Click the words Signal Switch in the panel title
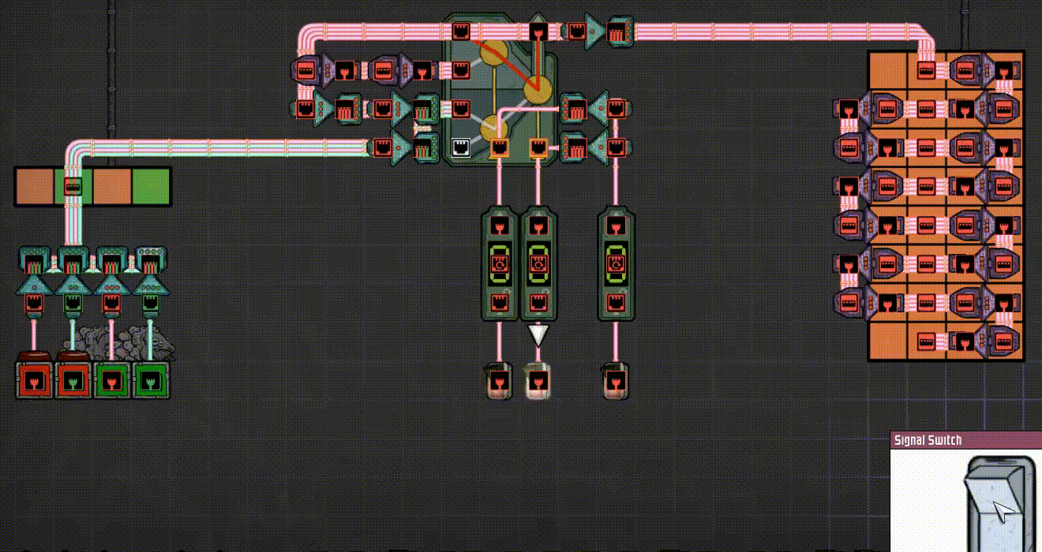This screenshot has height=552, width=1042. tap(928, 440)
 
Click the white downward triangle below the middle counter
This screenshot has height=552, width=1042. tap(538, 335)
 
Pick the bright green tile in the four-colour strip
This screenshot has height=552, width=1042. tap(151, 187)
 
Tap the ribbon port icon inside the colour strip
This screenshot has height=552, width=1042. tap(72, 187)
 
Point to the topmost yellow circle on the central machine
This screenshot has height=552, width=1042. tap(494, 53)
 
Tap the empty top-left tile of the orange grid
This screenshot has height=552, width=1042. tap(887, 70)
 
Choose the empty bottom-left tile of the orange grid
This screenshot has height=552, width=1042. tap(887, 341)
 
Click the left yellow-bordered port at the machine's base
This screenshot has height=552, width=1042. tap(499, 147)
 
